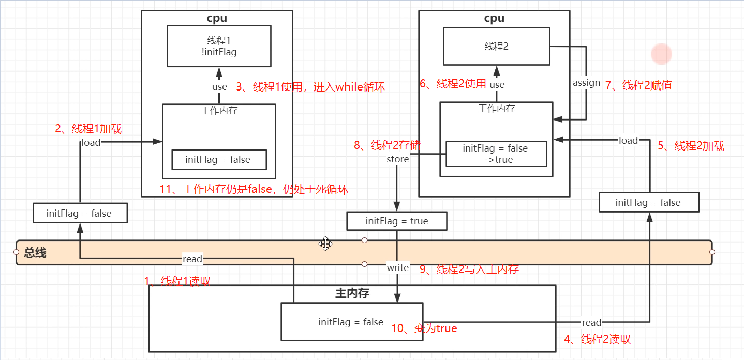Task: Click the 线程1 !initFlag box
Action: (x=219, y=46)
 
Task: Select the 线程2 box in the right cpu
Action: (x=497, y=46)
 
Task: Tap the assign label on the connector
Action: (x=586, y=83)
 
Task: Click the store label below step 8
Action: (x=397, y=159)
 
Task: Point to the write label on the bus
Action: (x=397, y=267)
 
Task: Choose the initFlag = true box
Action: (x=397, y=221)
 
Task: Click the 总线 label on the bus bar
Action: (x=35, y=253)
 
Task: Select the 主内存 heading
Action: (x=352, y=293)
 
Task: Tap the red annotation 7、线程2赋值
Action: (x=639, y=85)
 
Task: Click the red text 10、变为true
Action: (x=424, y=328)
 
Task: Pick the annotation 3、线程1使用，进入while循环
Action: (x=310, y=87)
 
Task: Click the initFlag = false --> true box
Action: (x=496, y=154)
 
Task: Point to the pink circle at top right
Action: (x=661, y=54)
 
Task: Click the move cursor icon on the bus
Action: (x=325, y=244)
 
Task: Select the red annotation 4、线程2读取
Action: (x=597, y=340)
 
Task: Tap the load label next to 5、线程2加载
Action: (x=628, y=140)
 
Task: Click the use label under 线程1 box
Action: (x=219, y=86)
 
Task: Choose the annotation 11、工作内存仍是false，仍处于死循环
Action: (x=254, y=189)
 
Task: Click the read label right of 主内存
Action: (x=591, y=323)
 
